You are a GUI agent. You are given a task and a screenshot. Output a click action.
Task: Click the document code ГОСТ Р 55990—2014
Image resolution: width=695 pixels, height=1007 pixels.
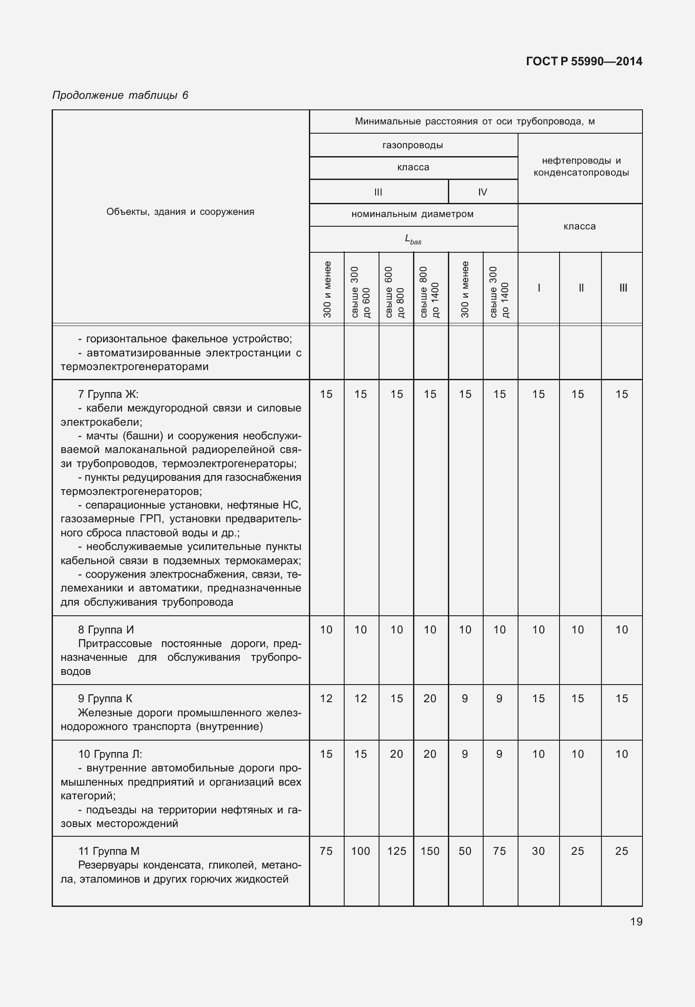pos(584,61)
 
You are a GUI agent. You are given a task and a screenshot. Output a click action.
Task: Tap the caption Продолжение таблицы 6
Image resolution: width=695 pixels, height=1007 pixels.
pos(120,95)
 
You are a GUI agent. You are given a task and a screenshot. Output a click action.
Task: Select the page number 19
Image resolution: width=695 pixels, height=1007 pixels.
pos(636,921)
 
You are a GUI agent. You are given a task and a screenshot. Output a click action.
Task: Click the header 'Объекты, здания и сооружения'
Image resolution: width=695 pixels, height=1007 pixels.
pos(180,212)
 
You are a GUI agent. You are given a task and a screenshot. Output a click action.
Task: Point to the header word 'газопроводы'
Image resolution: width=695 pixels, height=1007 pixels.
pos(413,145)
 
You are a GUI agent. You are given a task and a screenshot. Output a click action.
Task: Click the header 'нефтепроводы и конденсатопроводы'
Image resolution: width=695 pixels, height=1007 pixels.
pos(581,167)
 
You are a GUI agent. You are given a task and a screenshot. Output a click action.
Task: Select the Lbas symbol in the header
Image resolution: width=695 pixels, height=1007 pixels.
pos(413,240)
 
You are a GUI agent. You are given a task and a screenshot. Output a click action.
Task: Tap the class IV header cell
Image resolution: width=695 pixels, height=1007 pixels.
pos(482,192)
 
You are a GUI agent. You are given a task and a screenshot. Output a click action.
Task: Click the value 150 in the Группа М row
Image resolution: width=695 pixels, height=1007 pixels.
pos(430,851)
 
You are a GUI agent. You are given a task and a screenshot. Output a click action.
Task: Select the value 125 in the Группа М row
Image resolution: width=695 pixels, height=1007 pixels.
pos(396,851)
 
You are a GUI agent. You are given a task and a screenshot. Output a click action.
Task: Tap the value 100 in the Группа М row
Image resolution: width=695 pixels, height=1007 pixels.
pos(361,851)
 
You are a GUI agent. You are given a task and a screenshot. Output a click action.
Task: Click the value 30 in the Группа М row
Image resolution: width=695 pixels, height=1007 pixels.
pos(538,851)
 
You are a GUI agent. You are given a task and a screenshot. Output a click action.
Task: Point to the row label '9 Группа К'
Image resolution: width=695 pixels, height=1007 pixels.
pos(105,698)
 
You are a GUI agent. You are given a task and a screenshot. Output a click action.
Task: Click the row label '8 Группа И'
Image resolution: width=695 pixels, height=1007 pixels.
pos(105,629)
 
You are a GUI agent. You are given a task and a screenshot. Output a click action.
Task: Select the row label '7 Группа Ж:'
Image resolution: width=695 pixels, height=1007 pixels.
pos(108,394)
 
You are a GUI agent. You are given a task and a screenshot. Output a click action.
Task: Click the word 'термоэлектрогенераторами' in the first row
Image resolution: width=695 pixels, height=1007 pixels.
pos(134,367)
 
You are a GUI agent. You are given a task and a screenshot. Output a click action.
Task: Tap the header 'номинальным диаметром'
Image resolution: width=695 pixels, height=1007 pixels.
pos(413,214)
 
